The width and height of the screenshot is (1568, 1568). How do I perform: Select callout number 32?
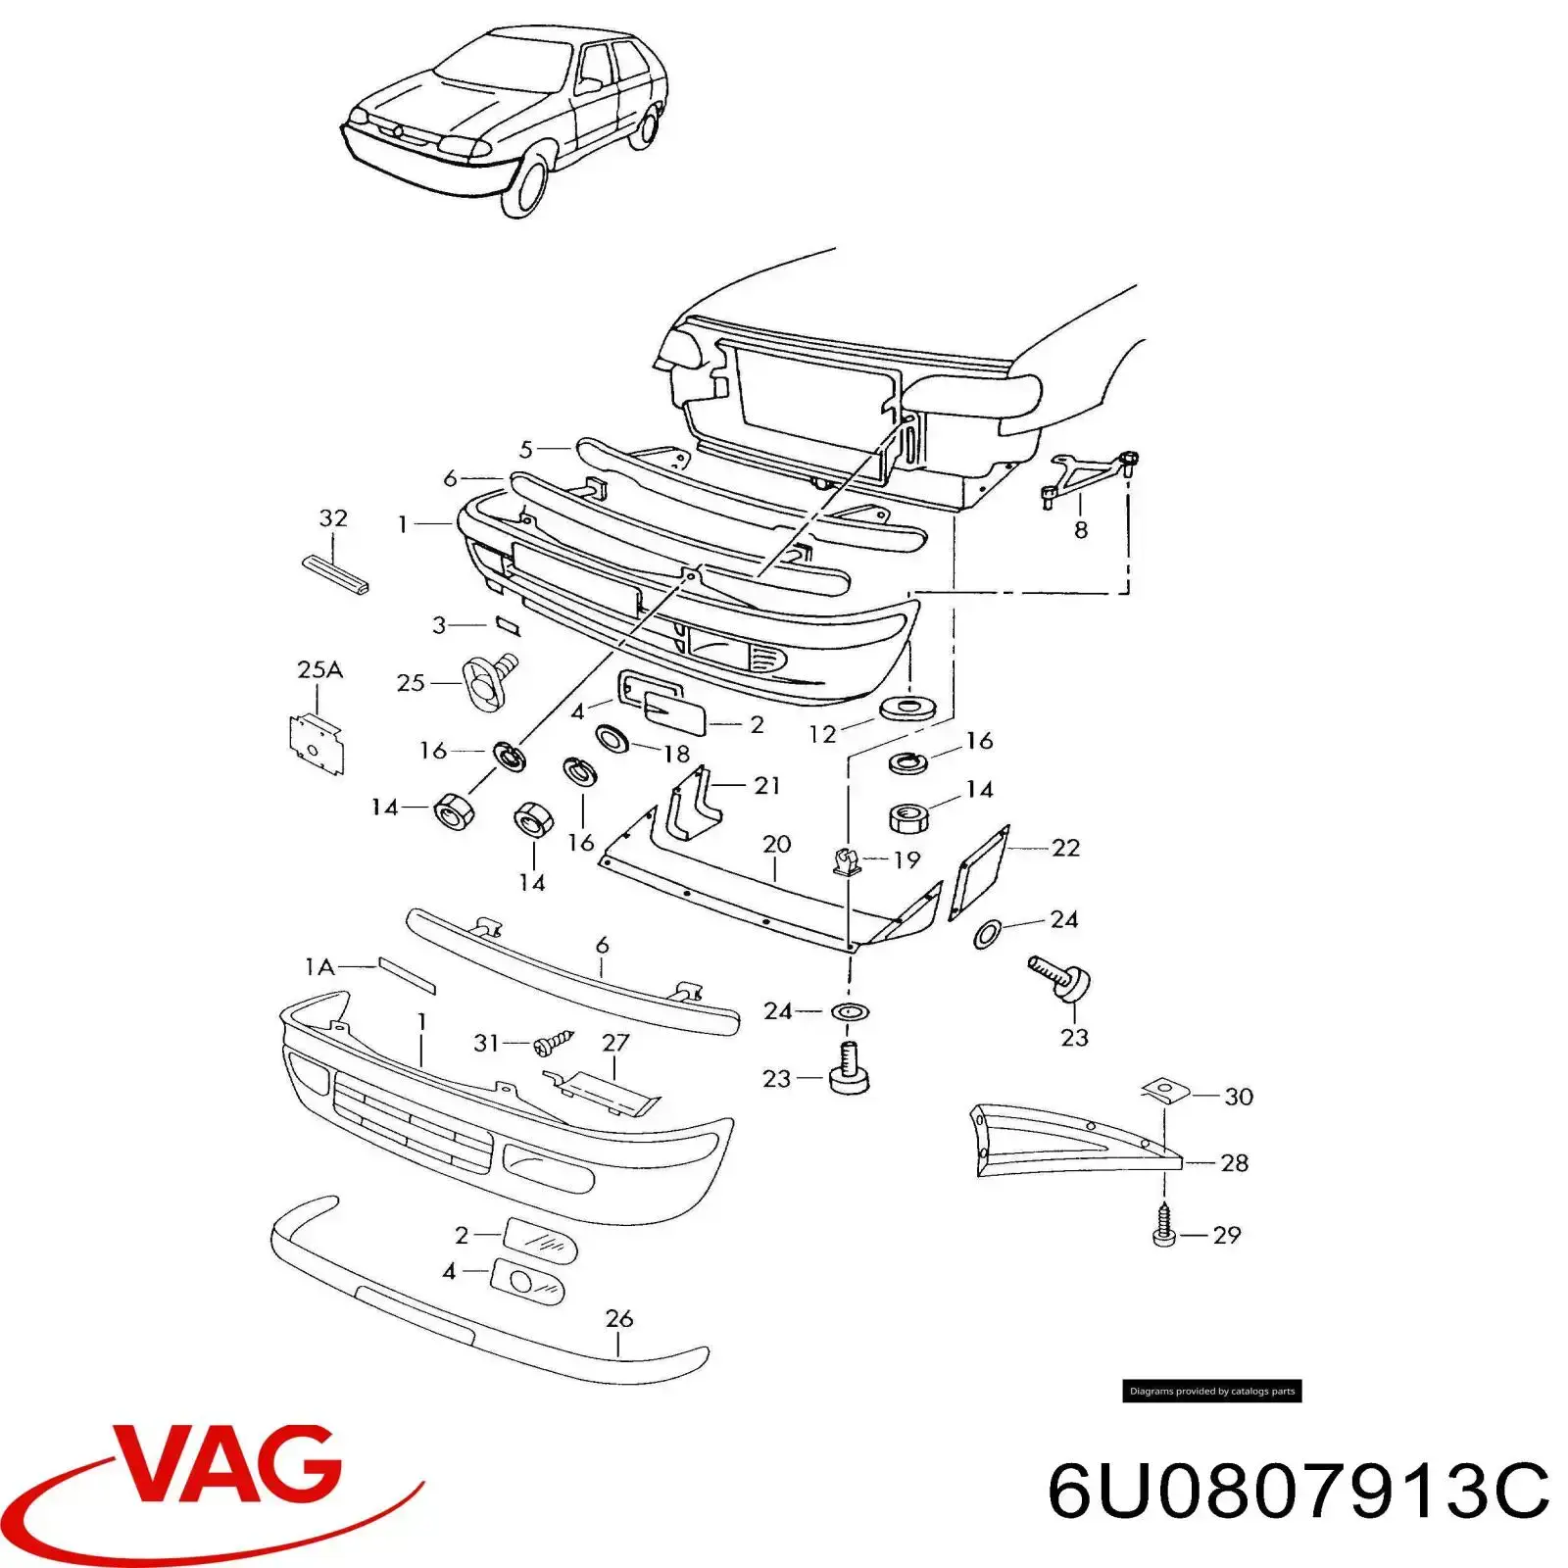pos(333,517)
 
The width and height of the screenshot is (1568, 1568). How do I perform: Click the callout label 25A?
pos(319,669)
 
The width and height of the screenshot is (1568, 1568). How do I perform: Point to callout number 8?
pos(1080,530)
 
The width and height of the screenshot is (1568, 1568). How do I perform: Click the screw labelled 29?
pos(1164,1227)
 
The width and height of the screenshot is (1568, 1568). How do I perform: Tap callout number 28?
pos(1234,1162)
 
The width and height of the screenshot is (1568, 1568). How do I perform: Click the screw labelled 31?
pos(552,1044)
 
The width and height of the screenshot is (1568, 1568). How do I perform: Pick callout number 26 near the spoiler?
pos(618,1318)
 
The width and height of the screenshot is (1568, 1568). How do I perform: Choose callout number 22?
pos(1065,847)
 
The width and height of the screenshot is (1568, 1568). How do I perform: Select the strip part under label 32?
pos(334,576)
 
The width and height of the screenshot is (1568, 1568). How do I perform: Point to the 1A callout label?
pos(319,967)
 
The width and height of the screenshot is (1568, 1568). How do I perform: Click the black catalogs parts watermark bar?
pos(1211,1391)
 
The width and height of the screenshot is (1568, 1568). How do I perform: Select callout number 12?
pos(822,733)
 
